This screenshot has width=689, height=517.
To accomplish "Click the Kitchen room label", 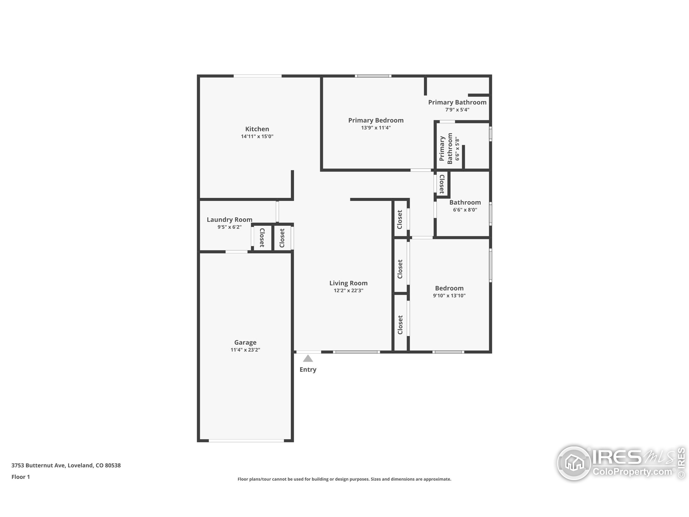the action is pyautogui.click(x=257, y=129).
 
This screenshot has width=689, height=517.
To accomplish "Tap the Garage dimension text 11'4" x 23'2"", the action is pyautogui.click(x=245, y=350).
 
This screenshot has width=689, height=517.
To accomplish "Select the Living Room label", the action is pyautogui.click(x=349, y=283).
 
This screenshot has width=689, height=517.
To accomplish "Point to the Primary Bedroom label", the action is pyautogui.click(x=376, y=120).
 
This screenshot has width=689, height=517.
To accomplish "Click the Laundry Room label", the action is pyautogui.click(x=230, y=220).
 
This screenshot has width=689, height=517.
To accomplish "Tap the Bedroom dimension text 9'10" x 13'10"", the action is pyautogui.click(x=449, y=295).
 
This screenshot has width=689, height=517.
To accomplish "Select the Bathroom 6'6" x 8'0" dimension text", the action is pyautogui.click(x=465, y=210).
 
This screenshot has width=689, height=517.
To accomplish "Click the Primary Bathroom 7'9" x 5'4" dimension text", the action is pyautogui.click(x=457, y=110).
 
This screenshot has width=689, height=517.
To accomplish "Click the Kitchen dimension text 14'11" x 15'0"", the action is pyautogui.click(x=257, y=136).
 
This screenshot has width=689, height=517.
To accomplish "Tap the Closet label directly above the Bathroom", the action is pyautogui.click(x=442, y=184).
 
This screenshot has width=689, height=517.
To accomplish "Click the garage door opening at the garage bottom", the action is pyautogui.click(x=246, y=441).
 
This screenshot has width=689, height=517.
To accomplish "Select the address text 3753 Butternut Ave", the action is pyautogui.click(x=38, y=465).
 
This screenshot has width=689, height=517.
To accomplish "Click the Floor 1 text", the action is pyautogui.click(x=20, y=477).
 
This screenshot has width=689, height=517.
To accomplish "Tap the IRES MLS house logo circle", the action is pyautogui.click(x=574, y=463).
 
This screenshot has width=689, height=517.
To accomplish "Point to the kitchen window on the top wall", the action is pyautogui.click(x=258, y=76).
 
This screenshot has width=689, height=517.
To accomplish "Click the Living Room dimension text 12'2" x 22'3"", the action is pyautogui.click(x=349, y=291).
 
